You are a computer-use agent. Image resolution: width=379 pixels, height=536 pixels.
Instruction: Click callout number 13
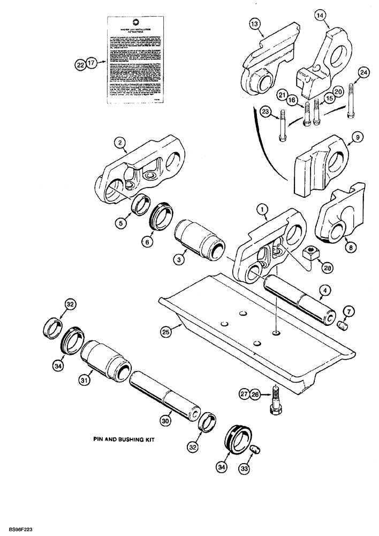point(253,24)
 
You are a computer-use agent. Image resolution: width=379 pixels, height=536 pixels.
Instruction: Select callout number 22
point(80,65)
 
